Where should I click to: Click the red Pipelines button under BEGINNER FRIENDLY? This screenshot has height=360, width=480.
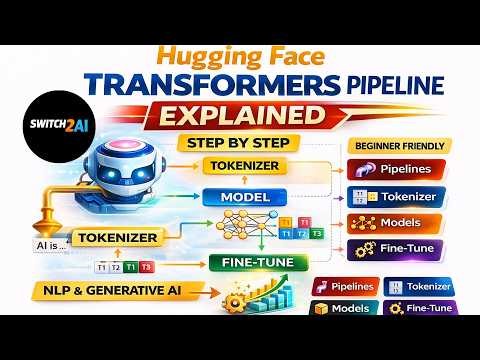pos(393,170)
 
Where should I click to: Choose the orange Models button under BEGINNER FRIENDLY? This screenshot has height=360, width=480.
pos(393,223)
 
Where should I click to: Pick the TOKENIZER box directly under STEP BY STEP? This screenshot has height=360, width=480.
pos(244,164)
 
